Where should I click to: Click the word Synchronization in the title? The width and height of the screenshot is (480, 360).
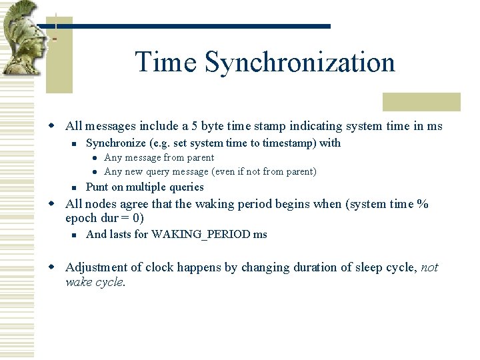[300, 62]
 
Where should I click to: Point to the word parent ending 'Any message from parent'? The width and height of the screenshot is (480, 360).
[199, 157]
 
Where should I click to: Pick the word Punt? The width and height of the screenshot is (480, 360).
[98, 187]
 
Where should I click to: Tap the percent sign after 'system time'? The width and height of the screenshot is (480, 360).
[422, 204]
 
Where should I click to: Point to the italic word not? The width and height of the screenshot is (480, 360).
[430, 267]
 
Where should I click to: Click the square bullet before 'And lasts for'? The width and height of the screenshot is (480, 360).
[77, 235]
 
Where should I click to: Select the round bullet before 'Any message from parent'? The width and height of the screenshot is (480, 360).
[95, 158]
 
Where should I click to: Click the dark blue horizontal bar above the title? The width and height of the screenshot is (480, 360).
[193, 26]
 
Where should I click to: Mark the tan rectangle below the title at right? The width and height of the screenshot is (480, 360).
[421, 101]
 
